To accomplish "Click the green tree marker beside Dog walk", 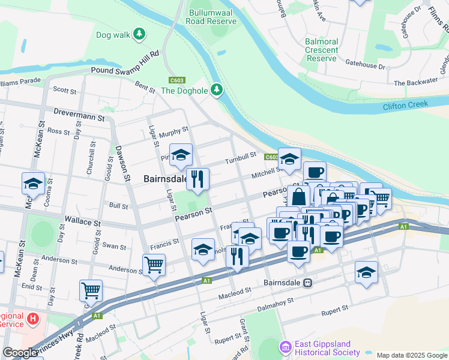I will click(139, 34).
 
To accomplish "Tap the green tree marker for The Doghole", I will click(217, 91).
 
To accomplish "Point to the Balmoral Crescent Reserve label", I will click(321, 50).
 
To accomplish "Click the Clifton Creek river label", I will click(405, 104).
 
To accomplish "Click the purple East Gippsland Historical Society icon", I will click(285, 347).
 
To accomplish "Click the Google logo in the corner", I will click(20, 353).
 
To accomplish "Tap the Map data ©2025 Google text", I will click(412, 355).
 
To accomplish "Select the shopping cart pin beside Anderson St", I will click(154, 263).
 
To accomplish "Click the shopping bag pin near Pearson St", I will click(298, 196).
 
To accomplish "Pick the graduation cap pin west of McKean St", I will click(33, 183).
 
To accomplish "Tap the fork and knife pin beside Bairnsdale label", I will click(198, 178).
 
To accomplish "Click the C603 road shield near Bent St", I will click(177, 80).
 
